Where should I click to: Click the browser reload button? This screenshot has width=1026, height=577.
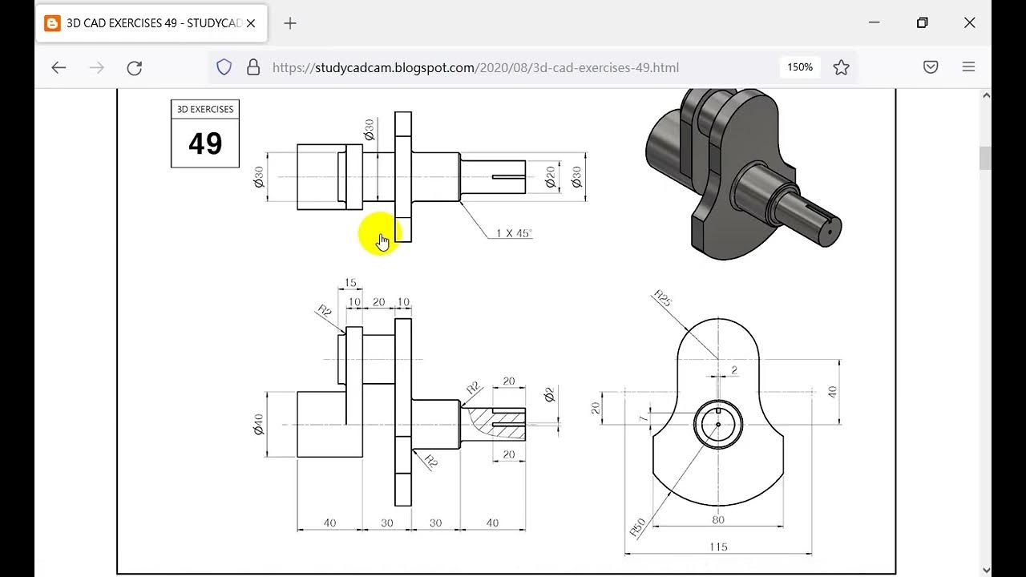pos(135,68)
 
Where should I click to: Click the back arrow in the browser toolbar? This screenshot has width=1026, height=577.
pos(59,68)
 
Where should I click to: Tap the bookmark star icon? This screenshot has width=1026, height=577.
pos(841,68)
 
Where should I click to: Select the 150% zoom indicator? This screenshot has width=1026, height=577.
pos(799,67)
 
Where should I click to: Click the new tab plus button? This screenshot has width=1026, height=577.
pos(290,23)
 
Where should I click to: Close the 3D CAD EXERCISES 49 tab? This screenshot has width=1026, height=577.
pos(251,23)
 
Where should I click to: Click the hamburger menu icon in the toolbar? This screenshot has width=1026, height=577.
pos(968,67)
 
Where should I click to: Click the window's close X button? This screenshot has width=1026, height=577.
pos(969,22)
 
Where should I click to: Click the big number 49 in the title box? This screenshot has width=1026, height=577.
pos(205,143)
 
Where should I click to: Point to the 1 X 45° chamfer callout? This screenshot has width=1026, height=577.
pos(513,233)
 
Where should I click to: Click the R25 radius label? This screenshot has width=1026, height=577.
pos(663,298)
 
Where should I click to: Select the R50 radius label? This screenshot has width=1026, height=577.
pos(638,527)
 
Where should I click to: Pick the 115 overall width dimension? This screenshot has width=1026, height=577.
pos(718,547)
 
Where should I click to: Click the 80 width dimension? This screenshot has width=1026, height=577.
pos(718,519)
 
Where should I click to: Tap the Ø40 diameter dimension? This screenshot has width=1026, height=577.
pos(259,424)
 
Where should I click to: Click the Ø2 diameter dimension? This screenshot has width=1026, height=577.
pos(549,394)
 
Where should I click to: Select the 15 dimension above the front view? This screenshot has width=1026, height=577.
pos(350,283)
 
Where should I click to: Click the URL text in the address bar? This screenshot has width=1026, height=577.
pos(475,68)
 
